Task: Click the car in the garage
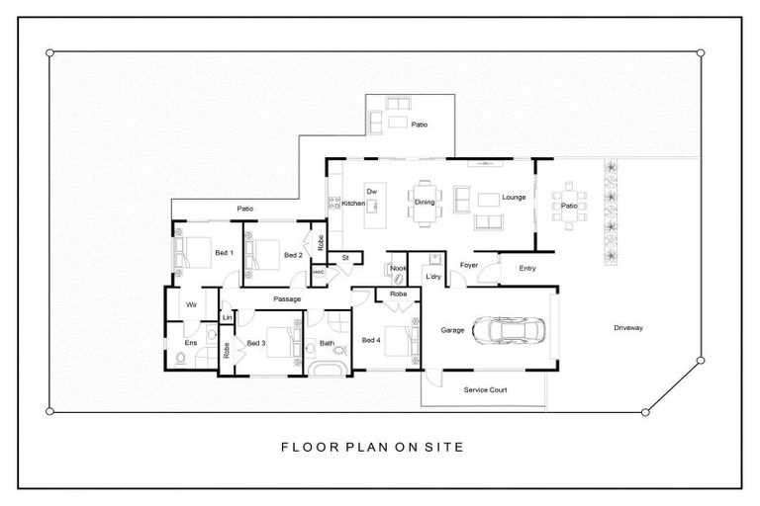click(508, 330)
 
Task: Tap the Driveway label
click(627, 328)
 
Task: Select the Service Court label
click(486, 390)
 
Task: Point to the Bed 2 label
click(292, 255)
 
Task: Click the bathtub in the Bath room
click(326, 370)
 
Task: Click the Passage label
click(287, 298)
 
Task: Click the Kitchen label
click(353, 204)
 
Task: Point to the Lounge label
click(514, 197)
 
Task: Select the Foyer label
click(469, 265)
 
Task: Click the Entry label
click(526, 267)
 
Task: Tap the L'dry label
click(432, 277)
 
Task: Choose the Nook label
click(398, 267)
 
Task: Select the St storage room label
click(345, 258)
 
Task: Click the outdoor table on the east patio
click(570, 206)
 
